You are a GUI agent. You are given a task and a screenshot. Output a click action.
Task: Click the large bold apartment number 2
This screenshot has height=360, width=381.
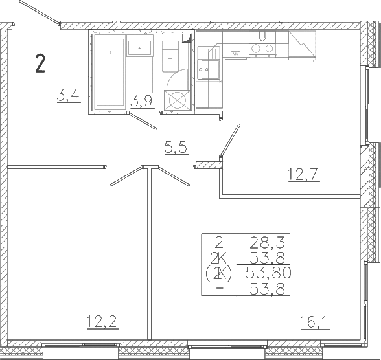point(40,63)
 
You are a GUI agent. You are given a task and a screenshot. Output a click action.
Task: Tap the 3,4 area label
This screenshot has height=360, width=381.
point(69,95)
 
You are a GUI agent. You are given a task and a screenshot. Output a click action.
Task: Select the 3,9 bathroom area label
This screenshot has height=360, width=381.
point(142,101)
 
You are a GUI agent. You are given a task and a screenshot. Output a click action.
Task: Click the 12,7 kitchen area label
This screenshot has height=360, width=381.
point(304,175)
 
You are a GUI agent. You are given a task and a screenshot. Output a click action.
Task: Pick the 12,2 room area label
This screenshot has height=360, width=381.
point(102,322)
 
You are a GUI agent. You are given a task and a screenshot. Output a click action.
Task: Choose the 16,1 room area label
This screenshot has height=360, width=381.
point(315,322)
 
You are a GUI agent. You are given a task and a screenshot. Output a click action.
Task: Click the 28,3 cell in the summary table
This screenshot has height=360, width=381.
point(267,243)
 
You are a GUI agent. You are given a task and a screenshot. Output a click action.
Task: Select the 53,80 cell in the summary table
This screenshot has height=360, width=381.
point(268,273)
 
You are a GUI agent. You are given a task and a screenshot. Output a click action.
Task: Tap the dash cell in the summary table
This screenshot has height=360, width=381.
point(220,288)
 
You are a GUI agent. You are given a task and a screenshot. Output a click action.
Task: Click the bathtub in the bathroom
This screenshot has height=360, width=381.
point(110,73)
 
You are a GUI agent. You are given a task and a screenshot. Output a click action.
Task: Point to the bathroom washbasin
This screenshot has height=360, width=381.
point(139,48)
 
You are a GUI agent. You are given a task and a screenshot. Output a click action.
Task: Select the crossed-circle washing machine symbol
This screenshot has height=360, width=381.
point(177,100)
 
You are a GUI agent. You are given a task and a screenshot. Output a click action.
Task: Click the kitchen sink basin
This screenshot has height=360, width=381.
point(209,69)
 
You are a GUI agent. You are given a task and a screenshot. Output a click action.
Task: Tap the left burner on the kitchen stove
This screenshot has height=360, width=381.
point(256,49)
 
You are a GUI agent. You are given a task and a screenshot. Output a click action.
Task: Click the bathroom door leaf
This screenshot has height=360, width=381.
point(143,120)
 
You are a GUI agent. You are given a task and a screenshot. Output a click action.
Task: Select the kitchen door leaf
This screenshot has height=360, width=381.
point(230,141)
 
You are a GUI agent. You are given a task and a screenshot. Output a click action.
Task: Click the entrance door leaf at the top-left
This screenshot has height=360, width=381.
point(39,12)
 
